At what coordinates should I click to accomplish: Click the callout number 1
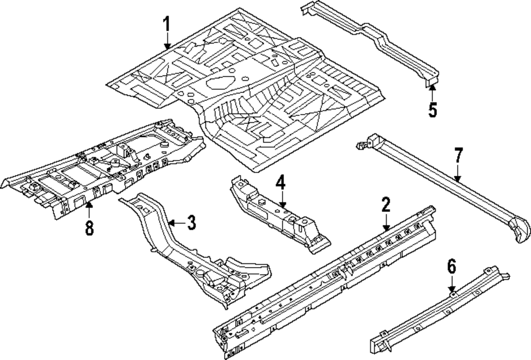click(x=167, y=24)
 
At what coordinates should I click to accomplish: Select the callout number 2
click(x=386, y=204)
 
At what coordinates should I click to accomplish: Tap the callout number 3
click(x=191, y=223)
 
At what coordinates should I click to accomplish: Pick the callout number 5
click(x=432, y=110)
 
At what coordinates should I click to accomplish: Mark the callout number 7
click(x=458, y=157)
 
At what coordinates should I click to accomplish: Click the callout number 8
click(x=89, y=228)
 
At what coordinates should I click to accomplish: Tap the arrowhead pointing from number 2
click(x=386, y=227)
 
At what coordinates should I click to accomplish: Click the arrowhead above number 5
click(x=432, y=85)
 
